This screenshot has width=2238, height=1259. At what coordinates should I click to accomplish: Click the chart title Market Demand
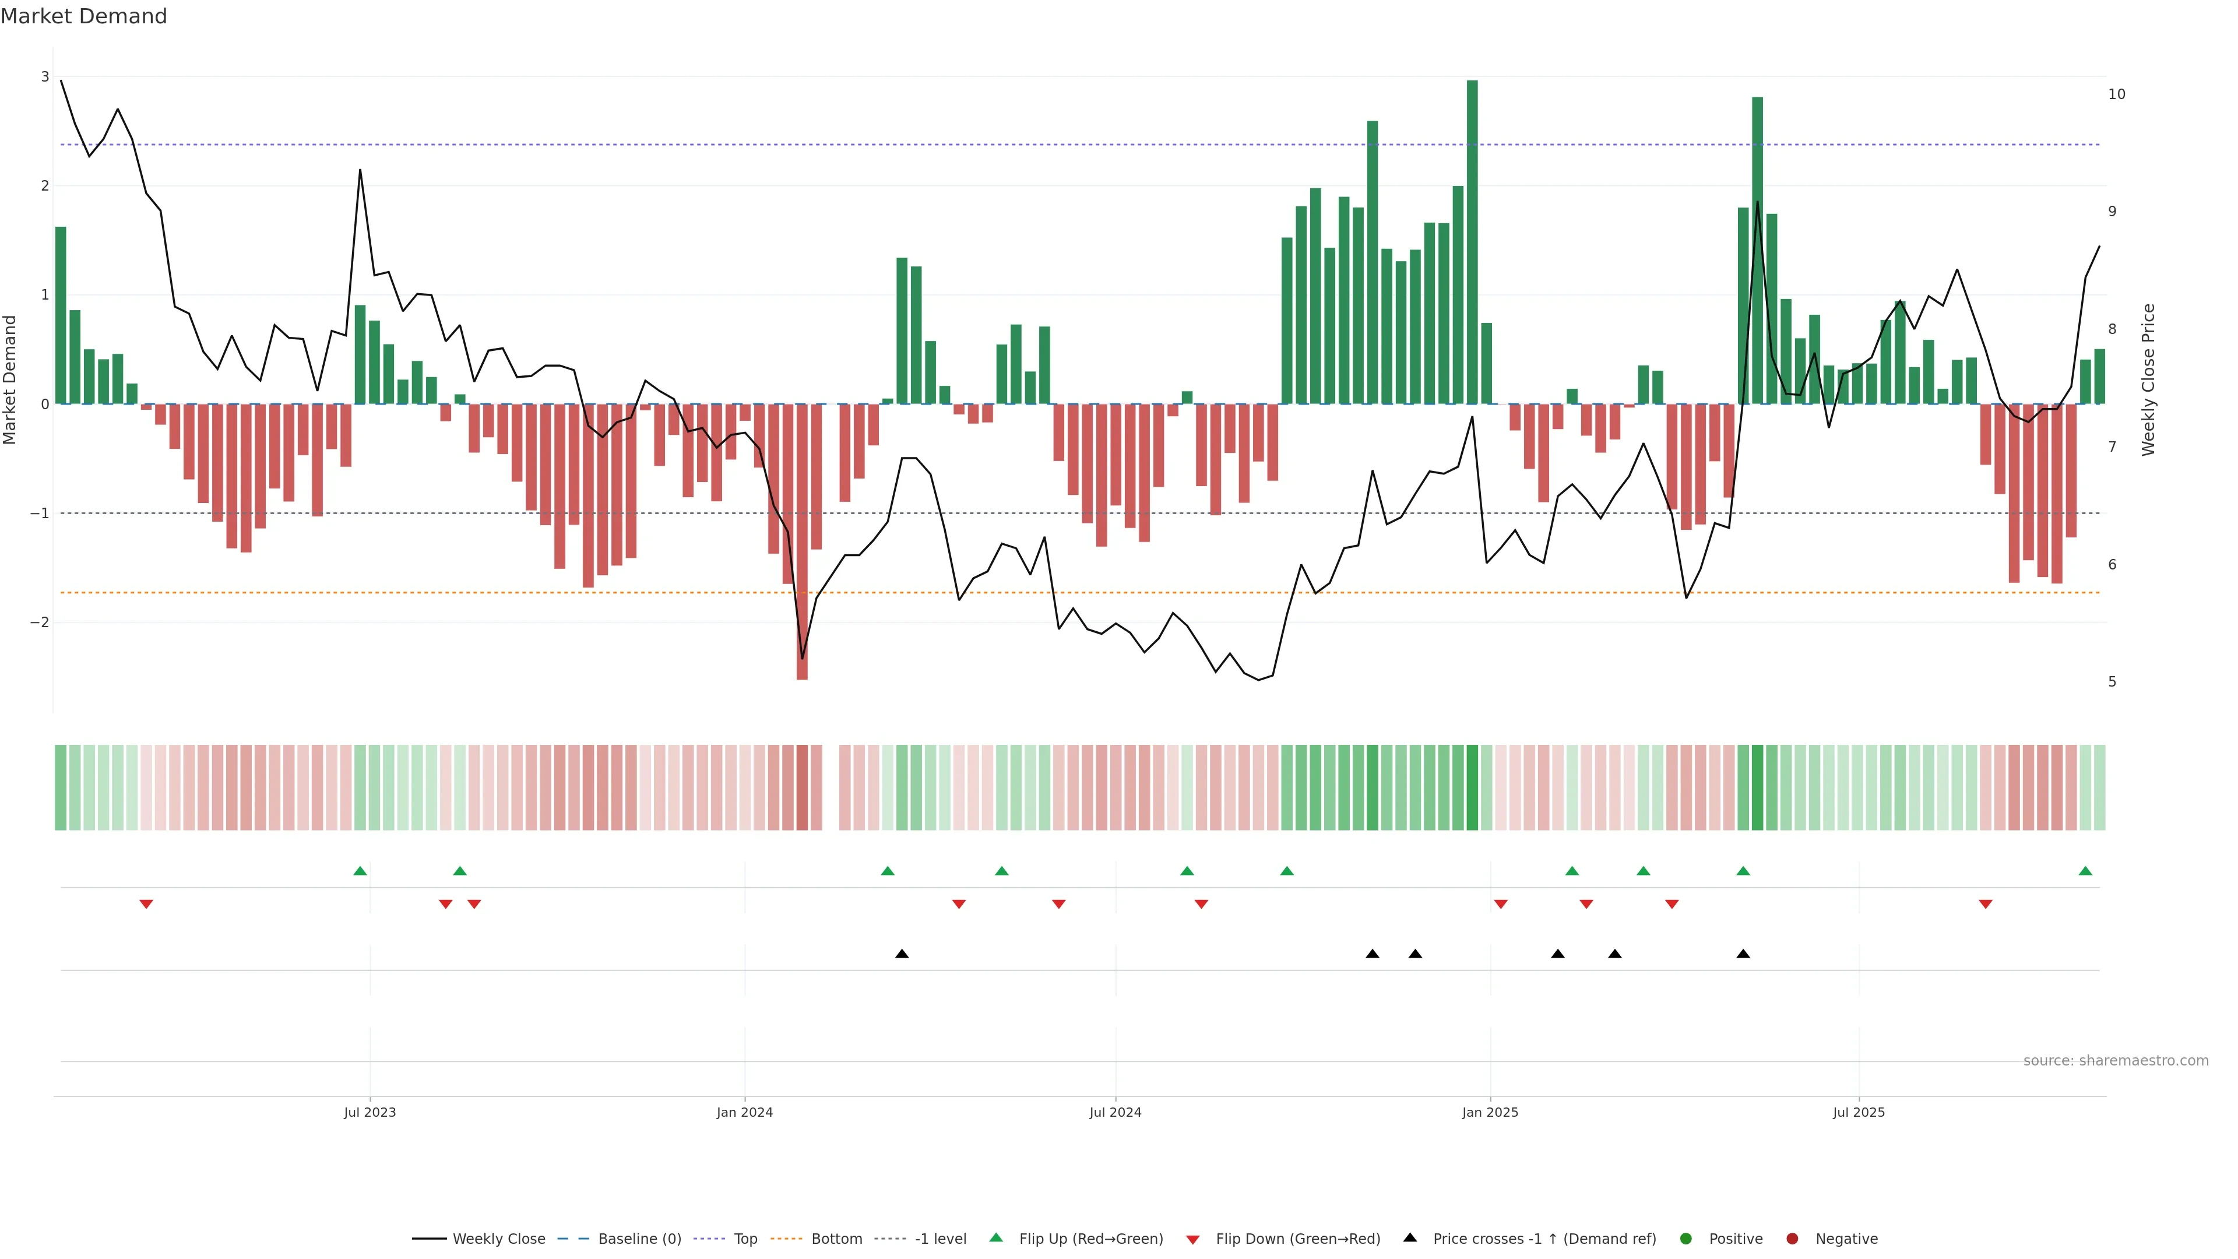pos(83,16)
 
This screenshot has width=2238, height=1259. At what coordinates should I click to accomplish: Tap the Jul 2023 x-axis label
pos(370,1112)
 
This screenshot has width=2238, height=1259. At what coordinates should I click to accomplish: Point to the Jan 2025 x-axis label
pos(1490,1112)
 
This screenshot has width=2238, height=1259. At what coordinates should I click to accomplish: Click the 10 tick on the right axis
pos(2116,94)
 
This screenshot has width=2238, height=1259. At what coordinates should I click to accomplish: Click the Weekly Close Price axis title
pos(2148,379)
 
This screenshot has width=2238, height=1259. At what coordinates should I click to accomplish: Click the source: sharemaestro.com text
pos(2116,1061)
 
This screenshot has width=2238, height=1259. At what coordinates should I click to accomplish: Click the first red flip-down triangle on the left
pos(146,905)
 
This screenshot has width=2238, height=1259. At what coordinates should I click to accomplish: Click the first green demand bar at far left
pos(61,315)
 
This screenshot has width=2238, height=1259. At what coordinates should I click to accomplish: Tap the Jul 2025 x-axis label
pos(1859,1112)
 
